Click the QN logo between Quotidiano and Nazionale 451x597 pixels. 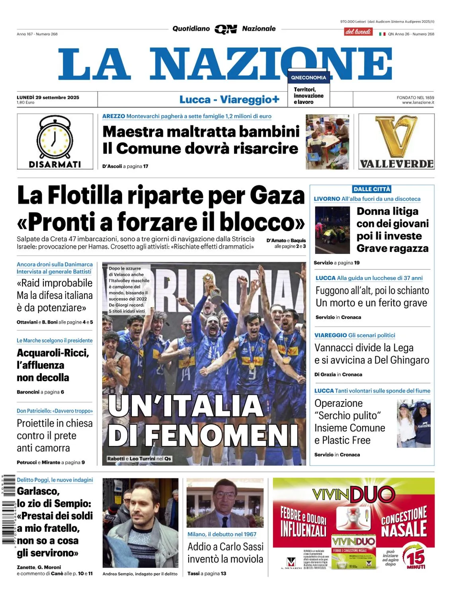pyautogui.click(x=226, y=29)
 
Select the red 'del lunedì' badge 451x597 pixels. pyautogui.click(x=358, y=32)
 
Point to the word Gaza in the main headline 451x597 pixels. pyautogui.click(x=277, y=196)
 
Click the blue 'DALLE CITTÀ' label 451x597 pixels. pyautogui.click(x=372, y=189)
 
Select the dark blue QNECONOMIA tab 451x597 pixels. pyautogui.click(x=308, y=78)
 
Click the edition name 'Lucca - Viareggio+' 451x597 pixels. pyautogui.click(x=229, y=99)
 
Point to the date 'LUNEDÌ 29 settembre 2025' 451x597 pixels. pyautogui.click(x=48, y=97)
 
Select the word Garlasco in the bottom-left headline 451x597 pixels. pyautogui.click(x=38, y=491)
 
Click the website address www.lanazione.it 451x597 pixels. pyautogui.click(x=418, y=103)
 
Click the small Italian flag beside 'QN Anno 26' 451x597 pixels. pyautogui.click(x=382, y=34)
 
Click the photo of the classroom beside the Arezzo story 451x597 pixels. pyautogui.click(x=327, y=142)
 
